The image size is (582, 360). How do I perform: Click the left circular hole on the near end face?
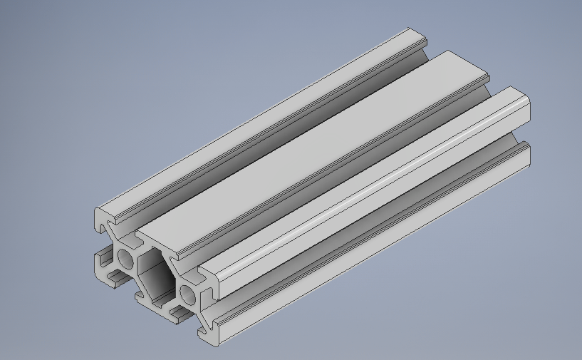(125, 259)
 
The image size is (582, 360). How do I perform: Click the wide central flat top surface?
(313, 150)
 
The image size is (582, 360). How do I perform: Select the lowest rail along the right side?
(370, 242)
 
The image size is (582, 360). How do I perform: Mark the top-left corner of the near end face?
(97, 211)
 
